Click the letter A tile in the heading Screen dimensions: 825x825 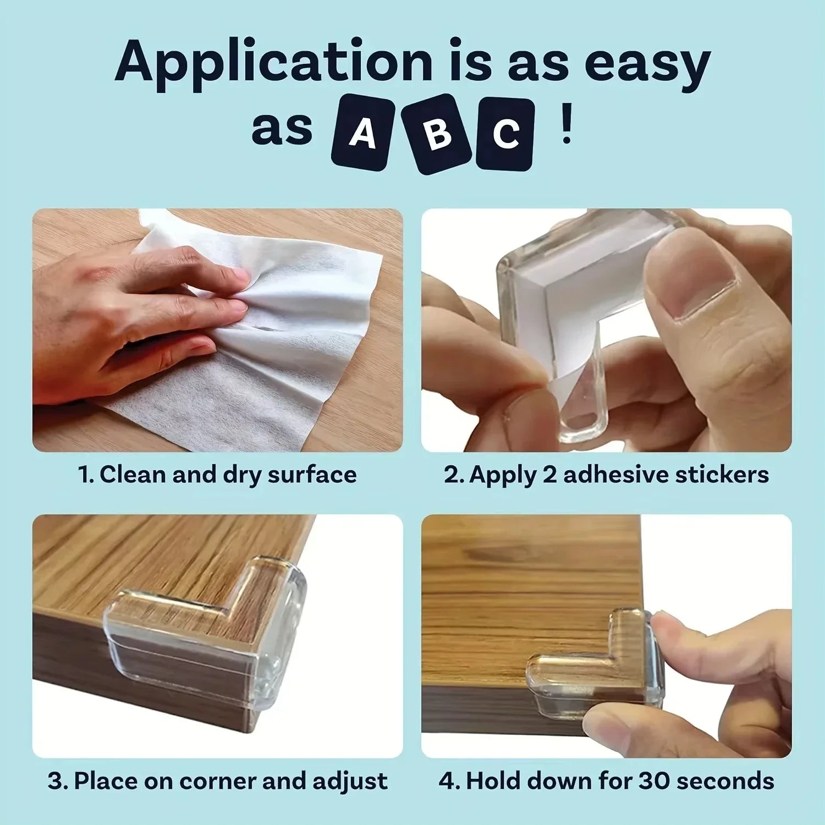(362, 133)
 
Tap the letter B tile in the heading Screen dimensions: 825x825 (438, 134)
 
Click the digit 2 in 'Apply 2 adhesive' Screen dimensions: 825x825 (551, 475)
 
